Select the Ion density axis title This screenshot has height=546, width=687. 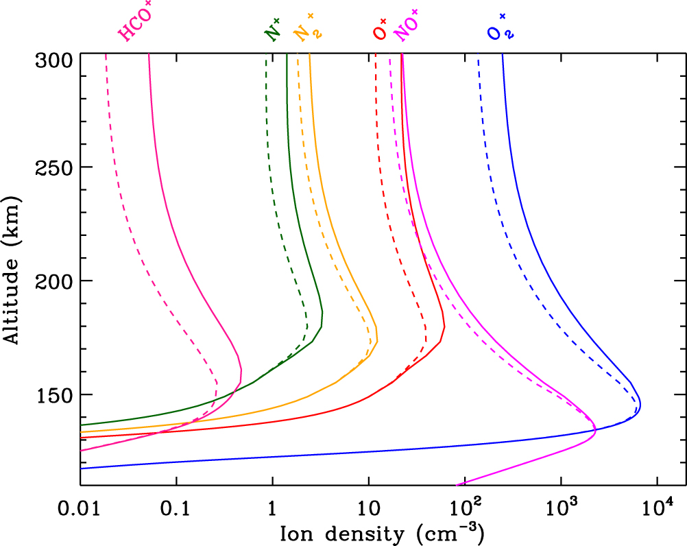coord(382,533)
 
